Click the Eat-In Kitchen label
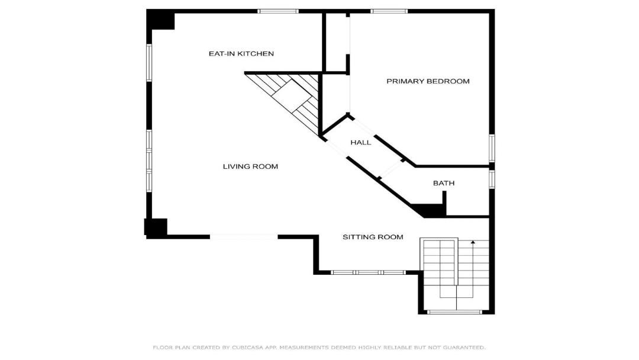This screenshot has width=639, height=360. pyautogui.click(x=241, y=53)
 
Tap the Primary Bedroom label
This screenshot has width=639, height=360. pyautogui.click(x=428, y=81)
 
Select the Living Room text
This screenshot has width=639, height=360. pyautogui.click(x=250, y=166)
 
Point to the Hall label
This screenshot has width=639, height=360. pyautogui.click(x=361, y=142)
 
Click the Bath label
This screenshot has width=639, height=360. pyautogui.click(x=444, y=183)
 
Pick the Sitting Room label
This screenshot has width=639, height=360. pyautogui.click(x=373, y=237)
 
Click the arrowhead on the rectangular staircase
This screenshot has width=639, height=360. pyautogui.click(x=473, y=243)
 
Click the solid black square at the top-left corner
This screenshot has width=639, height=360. pyautogui.click(x=161, y=20)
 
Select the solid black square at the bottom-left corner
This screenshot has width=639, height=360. pyautogui.click(x=156, y=227)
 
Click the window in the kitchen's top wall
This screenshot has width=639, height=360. pyautogui.click(x=278, y=11)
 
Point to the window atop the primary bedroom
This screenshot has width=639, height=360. pyautogui.click(x=389, y=11)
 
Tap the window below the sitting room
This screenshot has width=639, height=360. pyautogui.click(x=368, y=272)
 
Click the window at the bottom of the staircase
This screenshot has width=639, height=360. pyautogui.click(x=454, y=312)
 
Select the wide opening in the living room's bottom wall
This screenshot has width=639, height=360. pyautogui.click(x=244, y=236)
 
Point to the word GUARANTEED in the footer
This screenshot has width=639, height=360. pyautogui.click(x=463, y=348)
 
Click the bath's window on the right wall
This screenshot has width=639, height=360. pyautogui.click(x=492, y=179)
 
